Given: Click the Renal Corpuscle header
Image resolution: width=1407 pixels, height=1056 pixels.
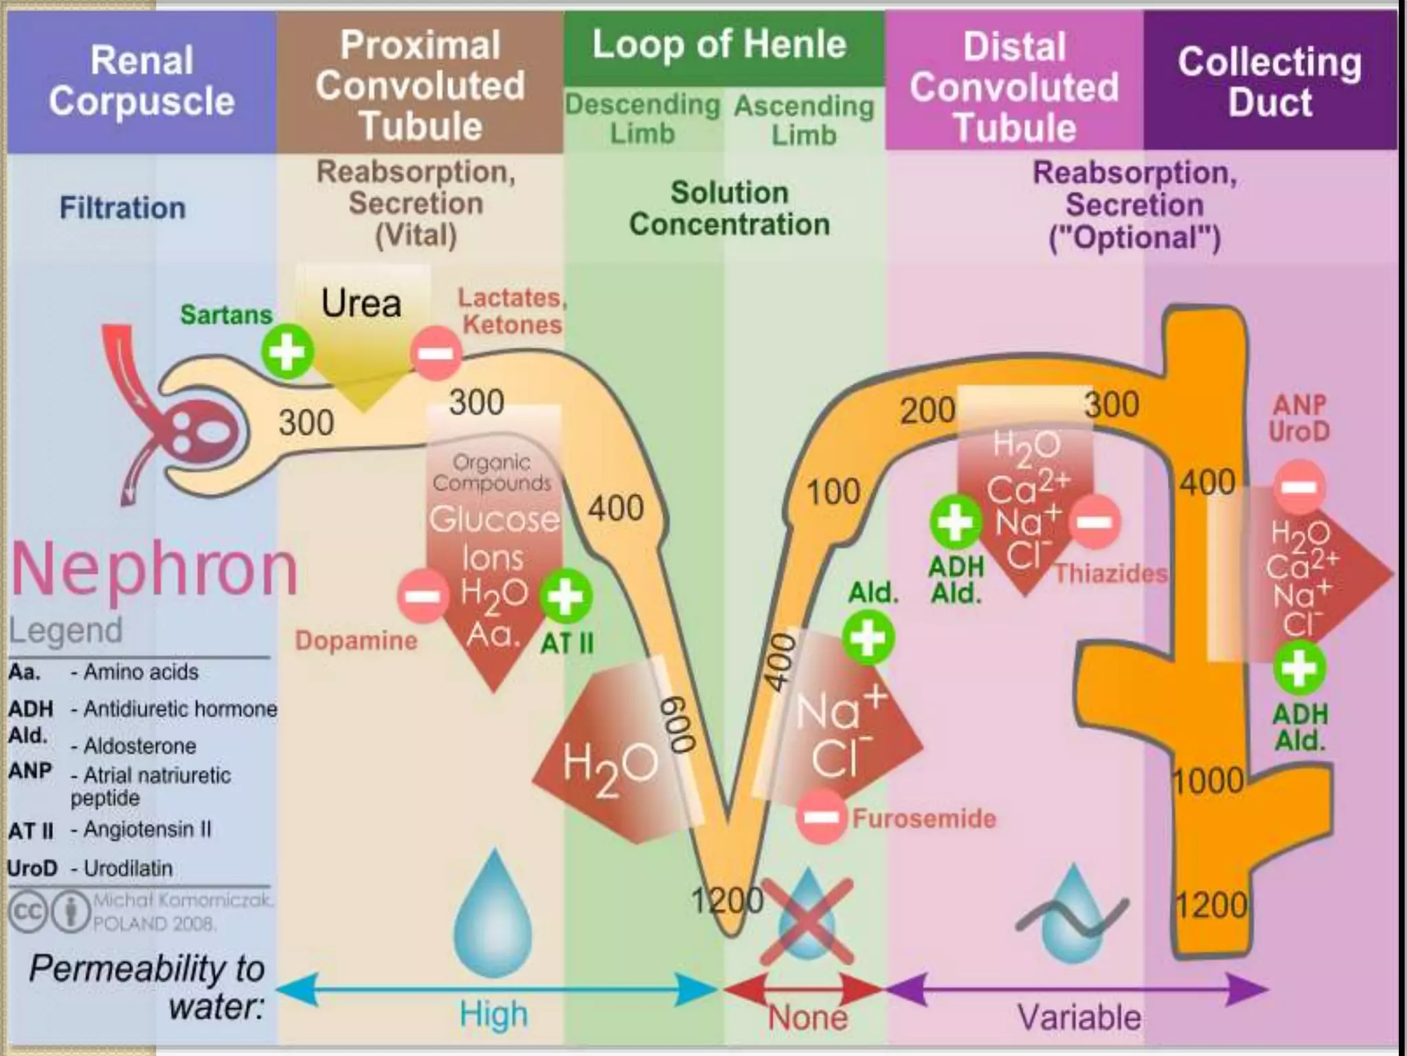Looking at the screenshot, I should click(x=142, y=81).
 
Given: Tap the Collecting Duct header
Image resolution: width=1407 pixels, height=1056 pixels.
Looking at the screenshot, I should click(x=1270, y=81).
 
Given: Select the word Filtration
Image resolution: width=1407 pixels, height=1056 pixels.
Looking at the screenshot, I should click(x=122, y=208).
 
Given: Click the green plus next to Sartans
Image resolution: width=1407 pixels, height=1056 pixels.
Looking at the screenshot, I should click(x=287, y=352).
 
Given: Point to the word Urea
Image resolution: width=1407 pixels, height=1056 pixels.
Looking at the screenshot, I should click(x=361, y=303).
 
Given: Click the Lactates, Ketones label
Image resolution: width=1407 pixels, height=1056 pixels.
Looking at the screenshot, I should click(x=512, y=311).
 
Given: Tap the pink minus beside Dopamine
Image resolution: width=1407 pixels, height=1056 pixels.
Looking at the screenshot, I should click(x=422, y=595).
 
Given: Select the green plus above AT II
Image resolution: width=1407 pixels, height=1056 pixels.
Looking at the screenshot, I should click(x=566, y=595).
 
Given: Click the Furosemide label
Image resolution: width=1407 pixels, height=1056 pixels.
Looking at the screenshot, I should click(x=923, y=818).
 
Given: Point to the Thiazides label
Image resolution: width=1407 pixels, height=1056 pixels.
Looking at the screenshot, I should click(x=1110, y=573).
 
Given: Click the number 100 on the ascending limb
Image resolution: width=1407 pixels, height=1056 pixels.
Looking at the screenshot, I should click(x=833, y=492).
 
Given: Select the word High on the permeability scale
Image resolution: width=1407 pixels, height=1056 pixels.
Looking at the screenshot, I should click(x=493, y=1015).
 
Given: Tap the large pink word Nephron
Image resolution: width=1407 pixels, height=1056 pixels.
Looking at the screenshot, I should click(x=155, y=569).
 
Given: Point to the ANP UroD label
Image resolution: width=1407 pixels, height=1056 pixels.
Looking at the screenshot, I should click(x=1298, y=418).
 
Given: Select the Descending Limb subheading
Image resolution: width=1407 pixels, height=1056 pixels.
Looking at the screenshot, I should click(x=642, y=118).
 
